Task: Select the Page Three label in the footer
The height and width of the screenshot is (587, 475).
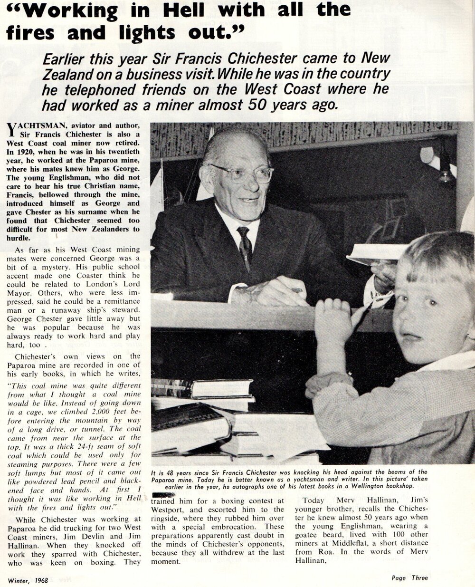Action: pyautogui.click(x=409, y=578)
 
